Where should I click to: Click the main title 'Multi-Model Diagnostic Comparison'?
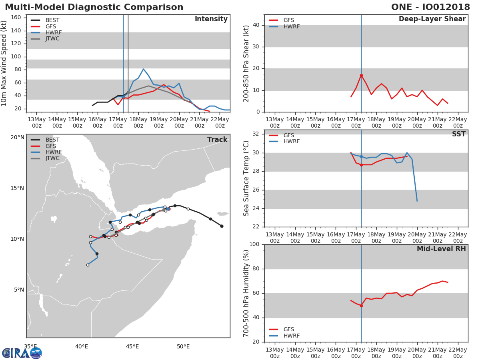pos(94,7)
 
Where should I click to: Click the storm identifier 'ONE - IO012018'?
pos(430,7)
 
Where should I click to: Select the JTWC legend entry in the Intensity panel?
pos(45,39)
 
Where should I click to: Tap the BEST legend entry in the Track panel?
pos(45,140)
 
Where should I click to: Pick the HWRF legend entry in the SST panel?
pos(284,142)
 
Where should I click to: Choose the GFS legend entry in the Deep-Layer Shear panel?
pos(282,20)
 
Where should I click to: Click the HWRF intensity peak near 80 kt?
pos(143,69)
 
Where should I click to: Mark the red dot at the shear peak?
pos(361,76)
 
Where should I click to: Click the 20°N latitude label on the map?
pos(18,137)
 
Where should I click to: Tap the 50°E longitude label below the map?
pos(183,346)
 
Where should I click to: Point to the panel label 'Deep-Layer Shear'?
pos(432,19)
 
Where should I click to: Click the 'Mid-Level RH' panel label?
pos(441,249)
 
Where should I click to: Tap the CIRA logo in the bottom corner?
pos(22,353)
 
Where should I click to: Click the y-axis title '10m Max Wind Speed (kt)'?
pos(4,63)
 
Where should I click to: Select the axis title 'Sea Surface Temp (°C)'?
pos(246,178)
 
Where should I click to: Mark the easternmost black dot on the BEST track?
pos(222,226)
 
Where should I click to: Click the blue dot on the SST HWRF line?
pos(361,157)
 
